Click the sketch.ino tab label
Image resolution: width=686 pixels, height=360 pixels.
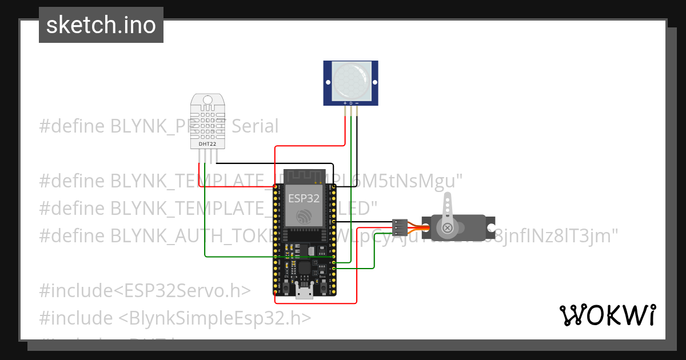101,25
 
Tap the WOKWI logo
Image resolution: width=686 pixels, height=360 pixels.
607,315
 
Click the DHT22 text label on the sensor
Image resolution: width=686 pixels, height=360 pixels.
207,144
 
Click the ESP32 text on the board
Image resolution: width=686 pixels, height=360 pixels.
303,198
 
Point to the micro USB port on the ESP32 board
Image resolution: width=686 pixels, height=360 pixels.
304,292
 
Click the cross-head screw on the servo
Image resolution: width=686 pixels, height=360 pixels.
448,229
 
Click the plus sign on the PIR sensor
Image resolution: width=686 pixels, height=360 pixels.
345,103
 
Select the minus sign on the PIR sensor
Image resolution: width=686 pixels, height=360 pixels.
357,103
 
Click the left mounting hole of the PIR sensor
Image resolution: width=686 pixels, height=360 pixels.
329,83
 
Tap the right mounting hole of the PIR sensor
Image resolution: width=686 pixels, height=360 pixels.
373,83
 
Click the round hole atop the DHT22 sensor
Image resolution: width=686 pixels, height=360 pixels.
208,101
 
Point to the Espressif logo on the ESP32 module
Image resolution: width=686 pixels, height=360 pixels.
303,217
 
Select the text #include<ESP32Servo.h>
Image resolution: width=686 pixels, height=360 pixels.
145,290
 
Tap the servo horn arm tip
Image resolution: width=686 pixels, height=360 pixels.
448,197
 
